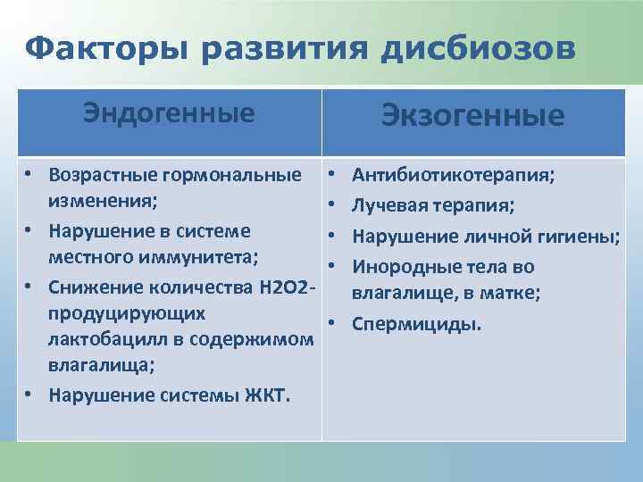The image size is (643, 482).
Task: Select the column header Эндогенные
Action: click(169, 113)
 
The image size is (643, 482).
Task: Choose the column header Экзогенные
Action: click(472, 116)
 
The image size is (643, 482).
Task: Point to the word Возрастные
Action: click(101, 174)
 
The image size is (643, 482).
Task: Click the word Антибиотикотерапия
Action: click(452, 175)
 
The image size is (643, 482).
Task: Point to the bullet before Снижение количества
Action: click(29, 286)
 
